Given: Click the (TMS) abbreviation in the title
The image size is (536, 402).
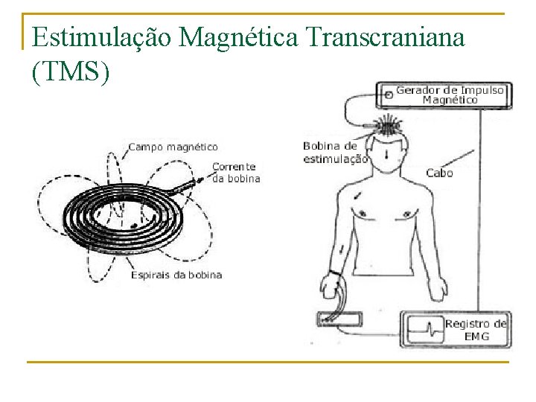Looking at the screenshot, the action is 71,71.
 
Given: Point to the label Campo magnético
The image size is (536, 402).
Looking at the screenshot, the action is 173,147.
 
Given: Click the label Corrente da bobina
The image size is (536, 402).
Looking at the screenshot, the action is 236,173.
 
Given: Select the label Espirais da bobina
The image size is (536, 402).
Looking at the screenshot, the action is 176,275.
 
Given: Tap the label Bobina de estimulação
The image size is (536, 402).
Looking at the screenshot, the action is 335,152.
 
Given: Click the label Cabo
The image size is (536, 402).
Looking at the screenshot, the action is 439,173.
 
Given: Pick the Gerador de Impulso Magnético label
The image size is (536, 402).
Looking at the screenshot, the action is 450,95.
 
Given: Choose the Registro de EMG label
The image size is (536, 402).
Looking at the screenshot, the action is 476,329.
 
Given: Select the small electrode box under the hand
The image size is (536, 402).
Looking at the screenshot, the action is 339,319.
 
